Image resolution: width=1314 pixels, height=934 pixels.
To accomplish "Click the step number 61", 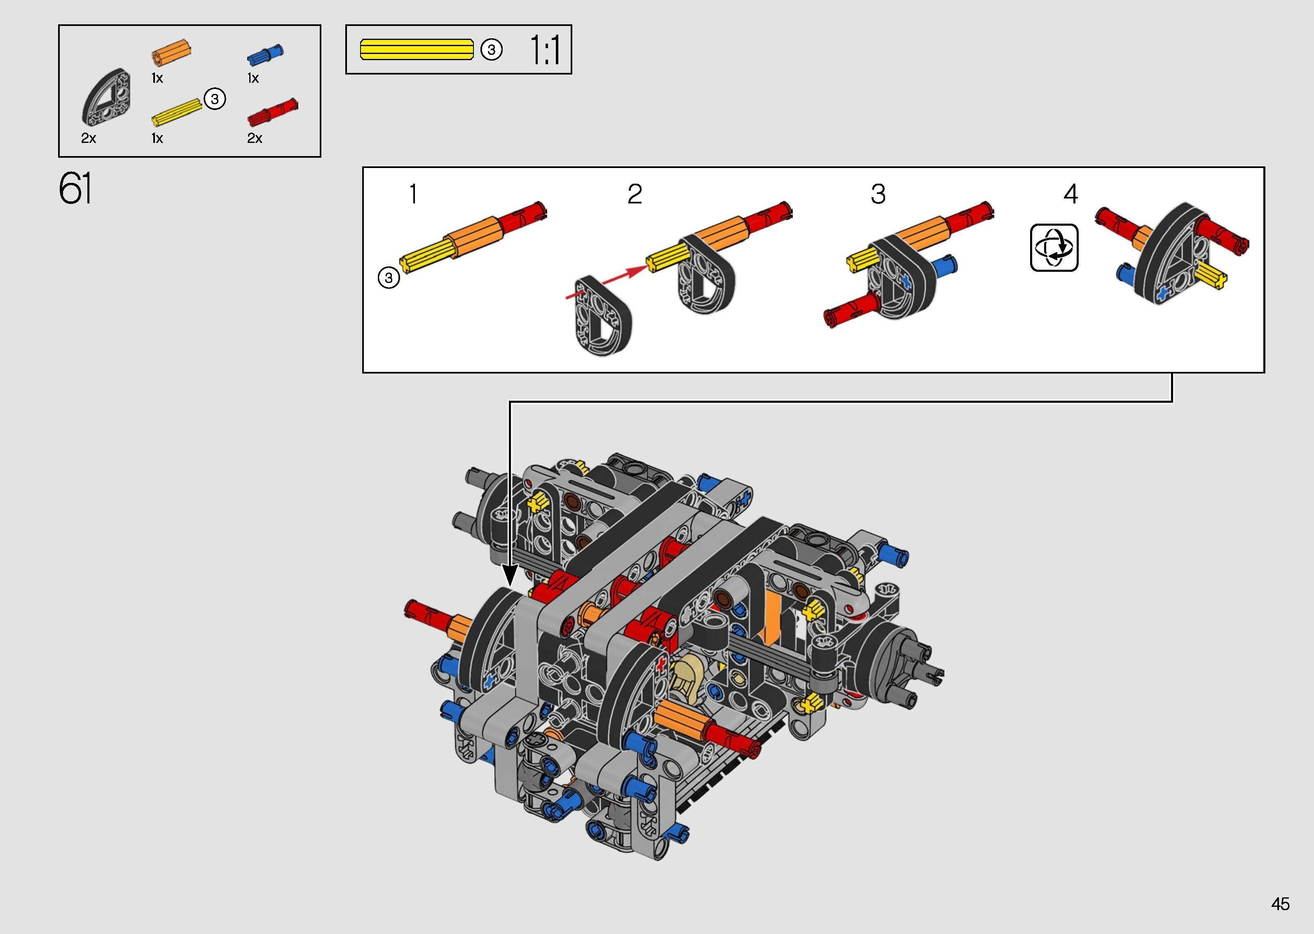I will point(75,189).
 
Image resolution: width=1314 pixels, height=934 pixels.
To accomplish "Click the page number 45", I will point(1280,904).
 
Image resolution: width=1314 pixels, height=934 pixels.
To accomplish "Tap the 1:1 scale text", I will point(544,50).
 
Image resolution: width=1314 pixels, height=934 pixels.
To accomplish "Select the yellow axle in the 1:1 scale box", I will point(417,49).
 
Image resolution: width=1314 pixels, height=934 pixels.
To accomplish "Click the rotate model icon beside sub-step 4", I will point(1054,248).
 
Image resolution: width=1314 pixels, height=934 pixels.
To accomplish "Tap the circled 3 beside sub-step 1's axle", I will point(389,278).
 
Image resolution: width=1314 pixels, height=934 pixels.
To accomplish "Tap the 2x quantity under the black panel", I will point(89,138).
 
